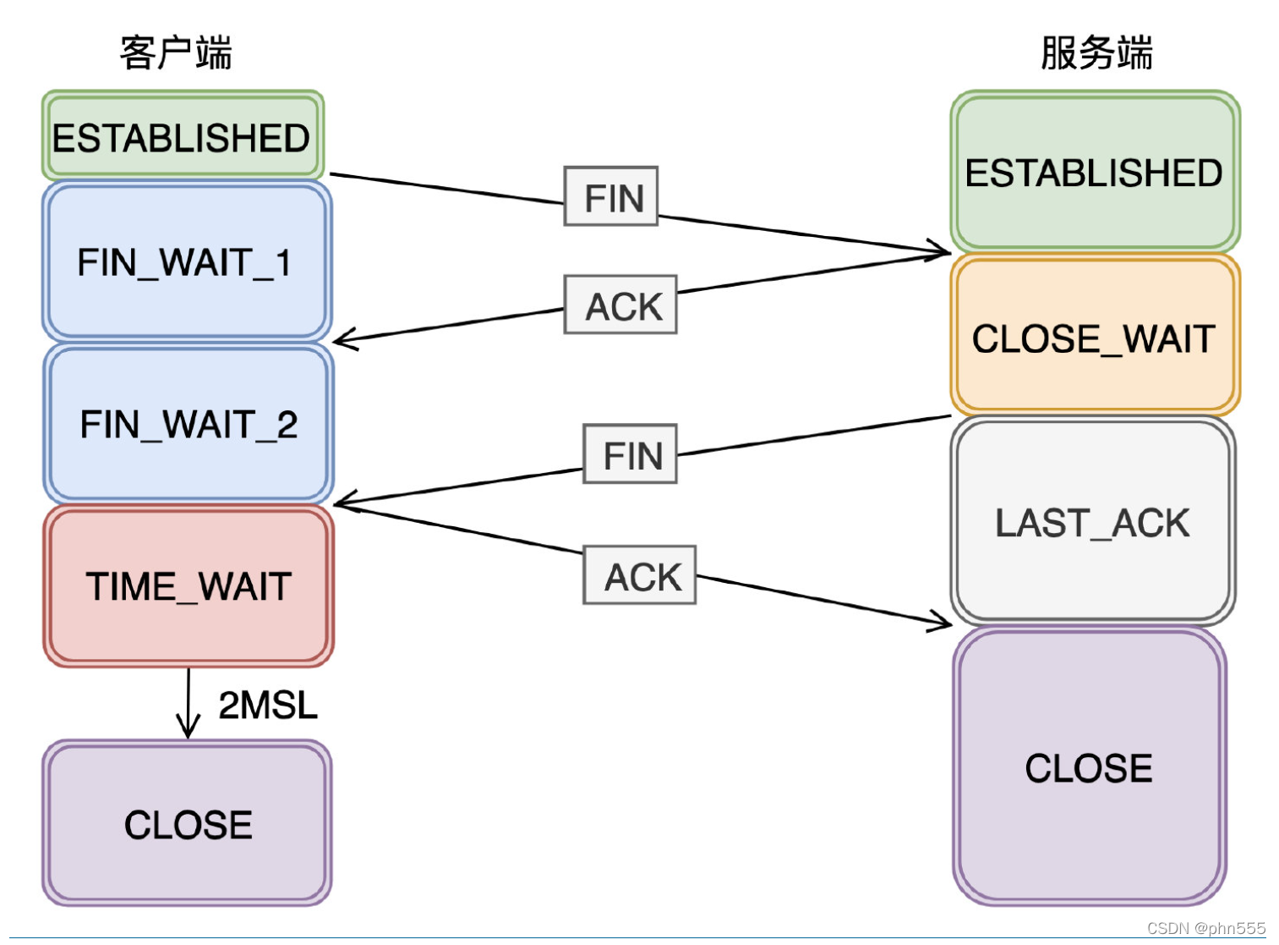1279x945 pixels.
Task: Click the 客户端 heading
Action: point(176,52)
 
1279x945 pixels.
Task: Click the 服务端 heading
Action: point(1096,52)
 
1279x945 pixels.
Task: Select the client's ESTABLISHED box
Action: point(182,137)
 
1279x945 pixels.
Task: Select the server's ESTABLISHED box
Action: point(1094,173)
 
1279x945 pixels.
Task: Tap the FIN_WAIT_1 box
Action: point(186,262)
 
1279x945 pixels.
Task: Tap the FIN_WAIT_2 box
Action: point(188,424)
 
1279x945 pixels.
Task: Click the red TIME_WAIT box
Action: point(189,586)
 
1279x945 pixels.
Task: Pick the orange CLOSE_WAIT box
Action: point(1094,338)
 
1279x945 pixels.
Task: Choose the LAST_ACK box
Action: point(1092,522)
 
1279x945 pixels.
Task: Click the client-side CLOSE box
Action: point(188,824)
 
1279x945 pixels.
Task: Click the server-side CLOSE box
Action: point(1089,768)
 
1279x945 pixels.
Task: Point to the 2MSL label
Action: point(267,705)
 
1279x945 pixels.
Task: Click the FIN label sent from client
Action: point(613,198)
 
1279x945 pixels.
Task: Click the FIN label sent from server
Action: point(631,455)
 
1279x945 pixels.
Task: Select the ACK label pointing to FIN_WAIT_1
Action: point(622,305)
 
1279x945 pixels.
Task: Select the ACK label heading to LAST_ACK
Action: point(641,576)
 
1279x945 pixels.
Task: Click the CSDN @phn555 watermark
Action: point(1205,928)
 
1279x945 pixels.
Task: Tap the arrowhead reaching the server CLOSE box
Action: point(941,622)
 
